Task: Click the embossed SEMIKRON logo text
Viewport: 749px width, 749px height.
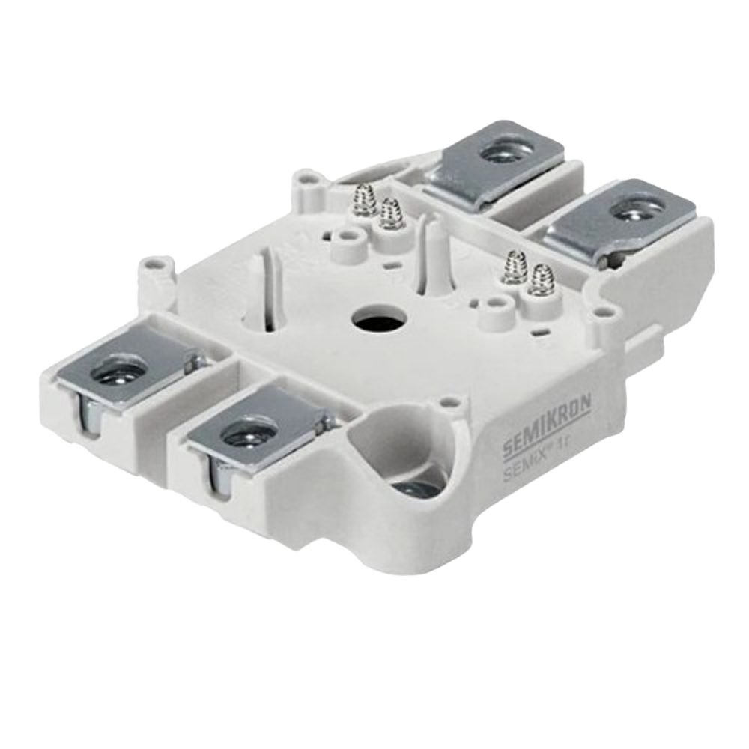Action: [547, 426]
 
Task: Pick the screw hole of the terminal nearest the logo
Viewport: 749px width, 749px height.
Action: [249, 434]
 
